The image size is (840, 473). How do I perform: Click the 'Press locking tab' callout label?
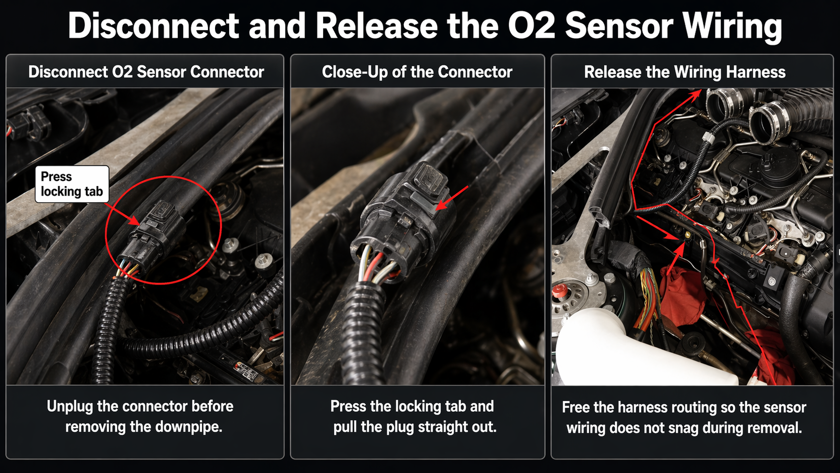coord(72,184)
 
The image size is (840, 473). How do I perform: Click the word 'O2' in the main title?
coord(531,26)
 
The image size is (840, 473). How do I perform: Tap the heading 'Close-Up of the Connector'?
coord(417,72)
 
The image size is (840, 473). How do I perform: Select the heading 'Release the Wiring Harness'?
coord(684,72)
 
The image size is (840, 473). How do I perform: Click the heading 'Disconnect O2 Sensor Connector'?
coord(146,72)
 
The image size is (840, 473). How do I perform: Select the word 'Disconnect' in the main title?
coord(153,26)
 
